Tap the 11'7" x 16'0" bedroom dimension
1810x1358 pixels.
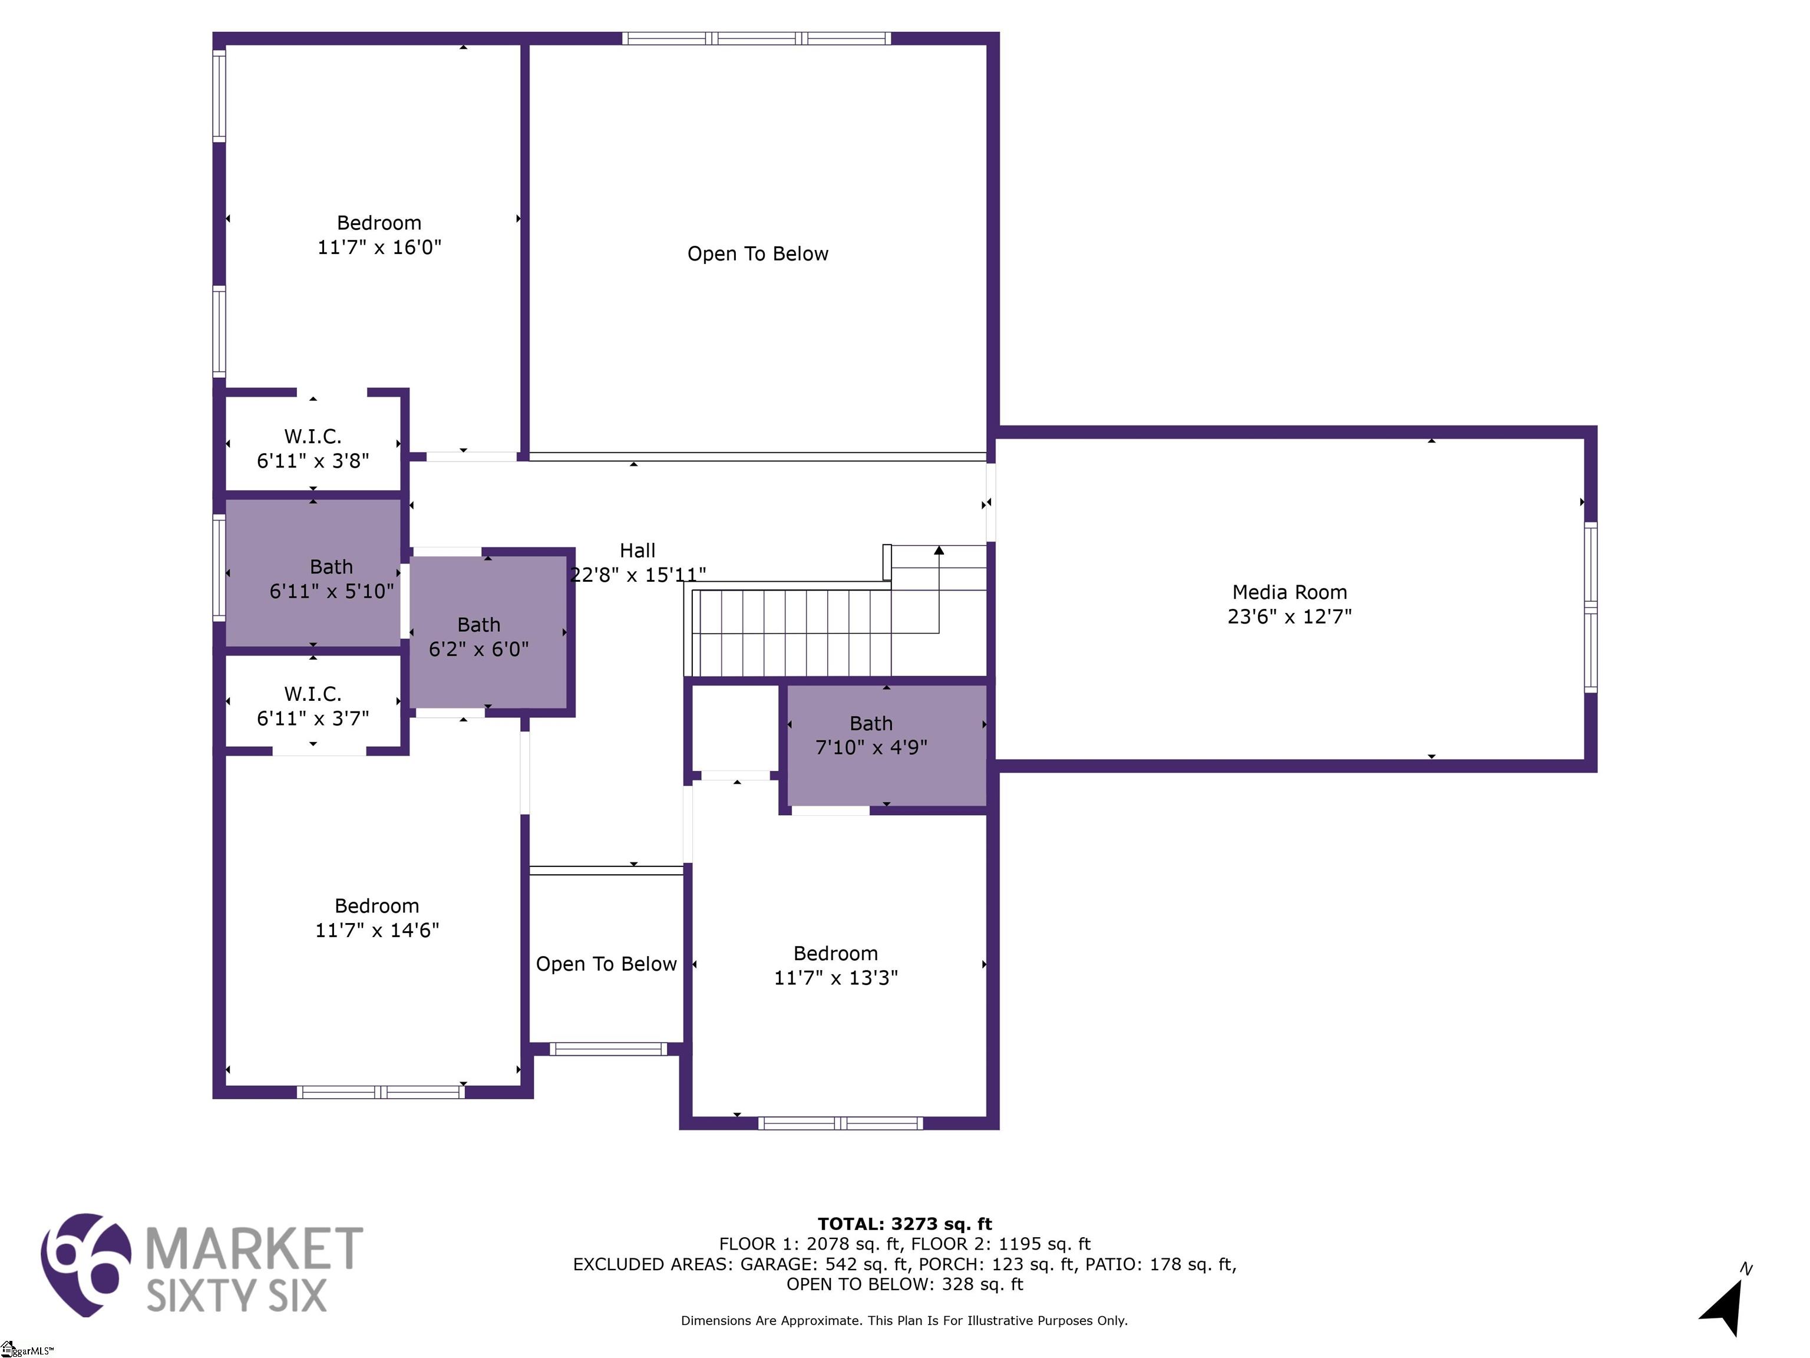379,247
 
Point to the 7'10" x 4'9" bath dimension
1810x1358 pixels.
871,747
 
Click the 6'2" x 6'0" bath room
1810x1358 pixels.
488,631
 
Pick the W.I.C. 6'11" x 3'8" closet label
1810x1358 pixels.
313,449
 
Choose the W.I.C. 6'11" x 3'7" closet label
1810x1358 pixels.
313,706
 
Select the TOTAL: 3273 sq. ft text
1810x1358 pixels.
904,1224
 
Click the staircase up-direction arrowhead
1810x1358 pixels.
939,550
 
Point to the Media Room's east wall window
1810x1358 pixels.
1591,607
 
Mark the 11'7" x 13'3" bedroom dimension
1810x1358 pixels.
835,977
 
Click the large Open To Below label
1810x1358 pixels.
758,254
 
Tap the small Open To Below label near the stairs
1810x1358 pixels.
606,964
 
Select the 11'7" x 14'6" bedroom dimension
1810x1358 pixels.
377,930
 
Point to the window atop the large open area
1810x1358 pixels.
756,38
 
